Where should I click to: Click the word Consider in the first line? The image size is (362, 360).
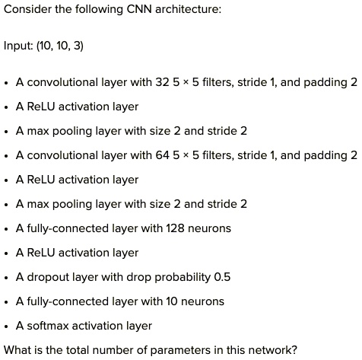pyautogui.click(x=27, y=11)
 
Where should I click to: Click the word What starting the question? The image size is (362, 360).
pyautogui.click(x=17, y=350)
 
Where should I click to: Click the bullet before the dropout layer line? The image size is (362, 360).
pyautogui.click(x=7, y=278)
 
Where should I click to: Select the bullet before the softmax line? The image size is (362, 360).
pyautogui.click(x=7, y=327)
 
